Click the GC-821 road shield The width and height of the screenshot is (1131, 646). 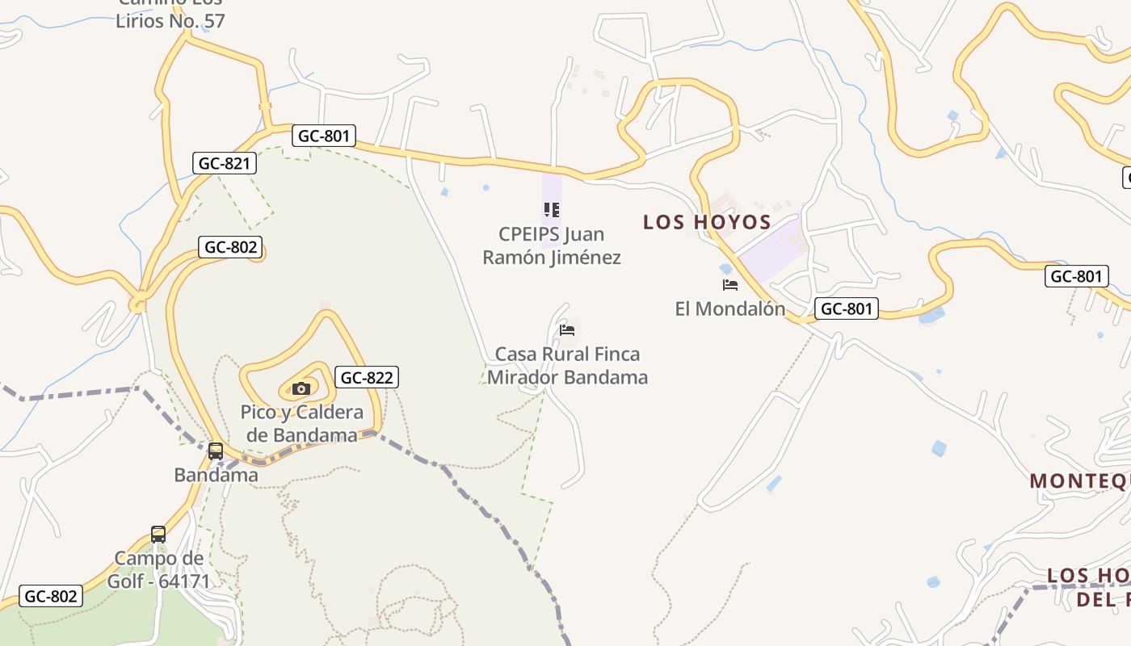tap(225, 163)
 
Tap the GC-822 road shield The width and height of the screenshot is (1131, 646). tap(367, 377)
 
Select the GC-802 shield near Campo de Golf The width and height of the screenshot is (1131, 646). tap(50, 596)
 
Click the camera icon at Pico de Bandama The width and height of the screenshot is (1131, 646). tap(301, 388)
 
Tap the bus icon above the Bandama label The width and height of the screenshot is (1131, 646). tap(216, 451)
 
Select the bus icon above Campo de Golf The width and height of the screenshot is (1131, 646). tap(158, 534)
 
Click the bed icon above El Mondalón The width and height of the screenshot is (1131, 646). tap(730, 285)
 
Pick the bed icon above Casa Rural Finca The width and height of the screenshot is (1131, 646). tap(567, 329)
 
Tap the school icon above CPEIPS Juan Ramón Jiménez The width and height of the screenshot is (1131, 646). tap(552, 211)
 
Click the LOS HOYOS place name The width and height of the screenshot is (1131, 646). tap(707, 222)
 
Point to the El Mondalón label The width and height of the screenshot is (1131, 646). tap(730, 308)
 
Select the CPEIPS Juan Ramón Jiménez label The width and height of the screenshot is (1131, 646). tap(552, 245)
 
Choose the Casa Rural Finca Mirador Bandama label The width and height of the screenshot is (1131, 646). tap(567, 366)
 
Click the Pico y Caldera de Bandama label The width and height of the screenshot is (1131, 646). tap(302, 424)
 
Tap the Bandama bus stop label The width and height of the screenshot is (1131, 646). tap(217, 475)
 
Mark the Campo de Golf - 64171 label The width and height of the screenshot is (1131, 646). tap(162, 569)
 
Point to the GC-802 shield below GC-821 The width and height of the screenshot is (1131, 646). tap(231, 247)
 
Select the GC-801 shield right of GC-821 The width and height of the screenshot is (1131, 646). tap(324, 136)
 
